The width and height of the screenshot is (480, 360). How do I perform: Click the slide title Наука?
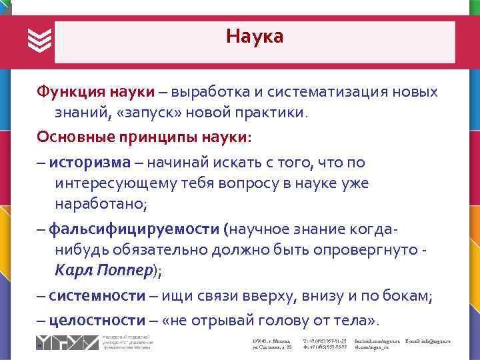pos(254,36)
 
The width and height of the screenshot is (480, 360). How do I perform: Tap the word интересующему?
pos(116,183)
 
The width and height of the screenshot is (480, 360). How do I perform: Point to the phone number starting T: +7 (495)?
pos(325,341)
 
